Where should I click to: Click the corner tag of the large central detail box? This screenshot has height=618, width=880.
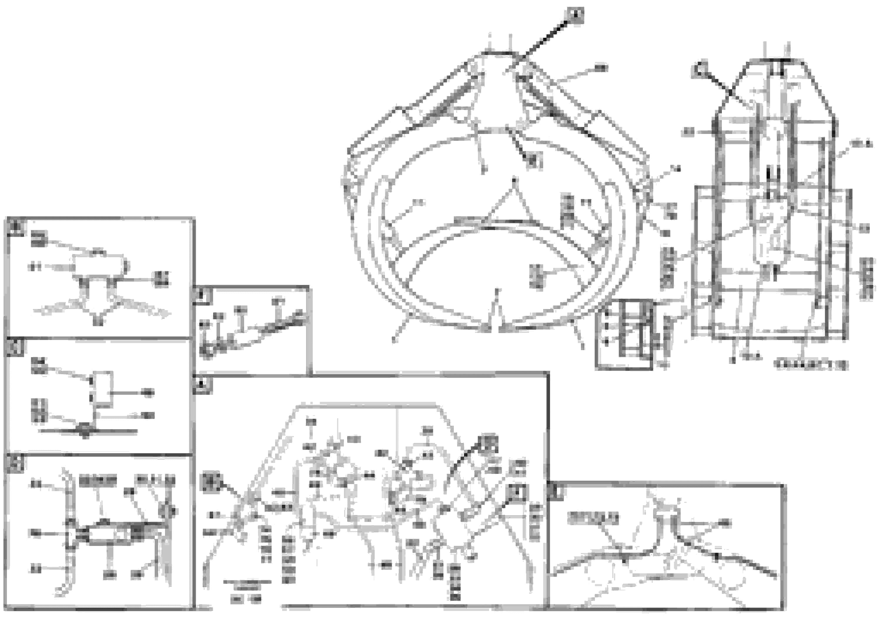[203, 385]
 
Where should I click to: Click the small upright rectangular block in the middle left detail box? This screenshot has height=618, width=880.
[103, 389]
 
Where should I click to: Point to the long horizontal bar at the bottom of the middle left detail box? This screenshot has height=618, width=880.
[89, 431]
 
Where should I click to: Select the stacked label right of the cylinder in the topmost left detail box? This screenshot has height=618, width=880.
[163, 278]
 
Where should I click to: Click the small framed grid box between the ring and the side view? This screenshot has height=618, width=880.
[624, 335]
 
